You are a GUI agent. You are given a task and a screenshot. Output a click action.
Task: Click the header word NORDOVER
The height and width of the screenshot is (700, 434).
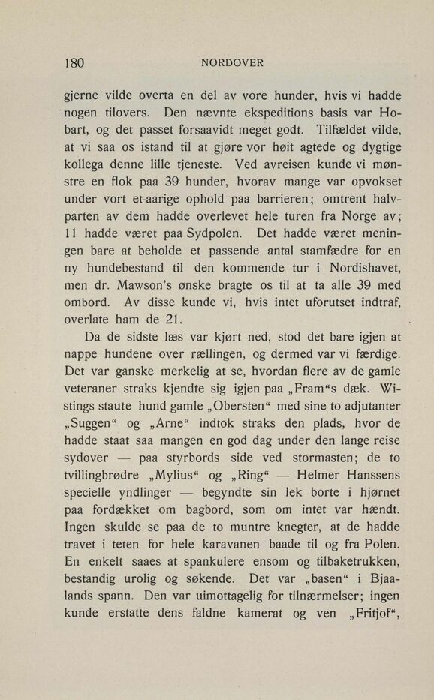pyautogui.click(x=232, y=62)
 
